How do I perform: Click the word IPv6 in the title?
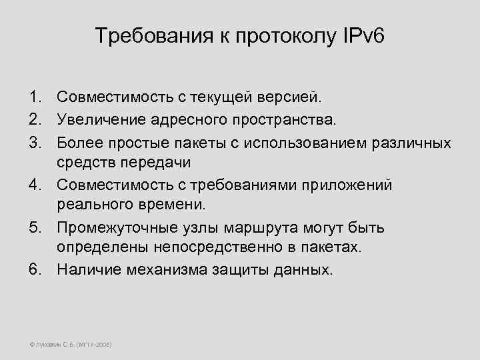(x=363, y=35)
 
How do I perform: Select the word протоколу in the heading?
(x=283, y=35)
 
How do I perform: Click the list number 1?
(x=34, y=98)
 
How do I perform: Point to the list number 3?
(x=34, y=143)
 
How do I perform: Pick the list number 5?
(x=34, y=229)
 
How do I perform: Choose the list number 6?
(x=34, y=270)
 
